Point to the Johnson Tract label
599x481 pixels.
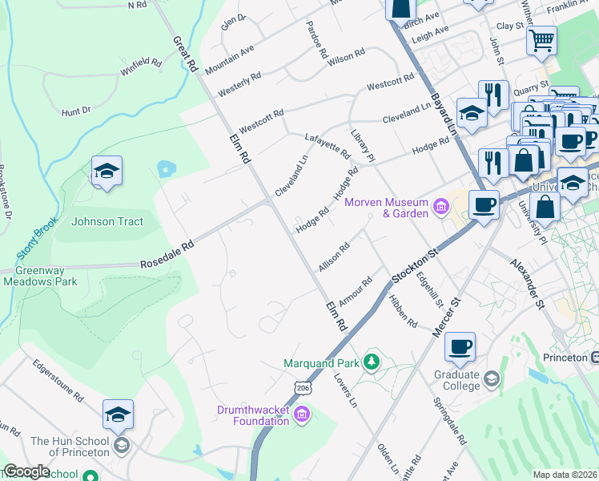107,221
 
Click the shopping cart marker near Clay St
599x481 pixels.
541,39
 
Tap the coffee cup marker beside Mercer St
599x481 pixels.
460,347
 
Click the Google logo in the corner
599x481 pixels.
26,471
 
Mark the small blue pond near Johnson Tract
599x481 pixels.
166,168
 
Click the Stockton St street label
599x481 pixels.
416,265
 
